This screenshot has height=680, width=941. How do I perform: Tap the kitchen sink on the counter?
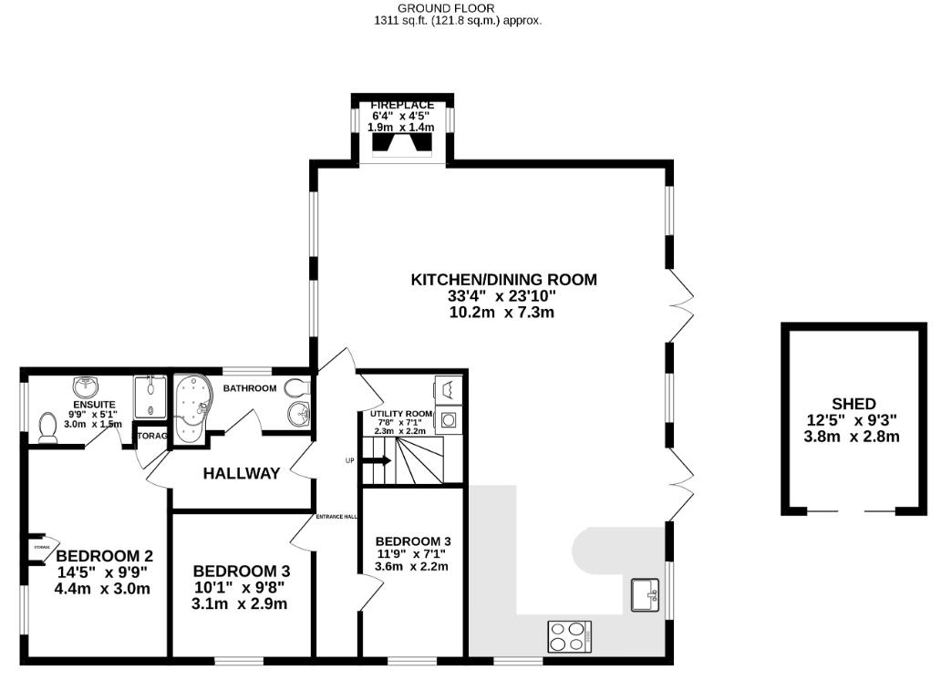[x=646, y=595]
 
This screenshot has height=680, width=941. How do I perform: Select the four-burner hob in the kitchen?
[x=570, y=635]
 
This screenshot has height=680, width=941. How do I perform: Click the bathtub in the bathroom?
[x=191, y=407]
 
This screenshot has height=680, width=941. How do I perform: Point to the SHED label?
[x=853, y=404]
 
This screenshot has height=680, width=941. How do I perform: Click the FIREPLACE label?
[x=402, y=106]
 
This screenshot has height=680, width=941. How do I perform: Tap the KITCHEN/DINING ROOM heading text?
[x=503, y=280]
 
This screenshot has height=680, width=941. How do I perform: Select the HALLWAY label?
[x=242, y=473]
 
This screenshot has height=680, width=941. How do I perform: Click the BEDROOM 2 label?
[x=104, y=556]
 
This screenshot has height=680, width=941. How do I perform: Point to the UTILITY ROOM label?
[x=401, y=414]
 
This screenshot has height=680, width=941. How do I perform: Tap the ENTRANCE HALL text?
[x=336, y=517]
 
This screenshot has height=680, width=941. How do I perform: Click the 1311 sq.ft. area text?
[x=458, y=20]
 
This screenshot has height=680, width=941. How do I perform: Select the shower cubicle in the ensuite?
[x=150, y=397]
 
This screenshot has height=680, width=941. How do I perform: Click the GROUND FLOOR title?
[x=459, y=8]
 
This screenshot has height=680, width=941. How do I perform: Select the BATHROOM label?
[x=250, y=388]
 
